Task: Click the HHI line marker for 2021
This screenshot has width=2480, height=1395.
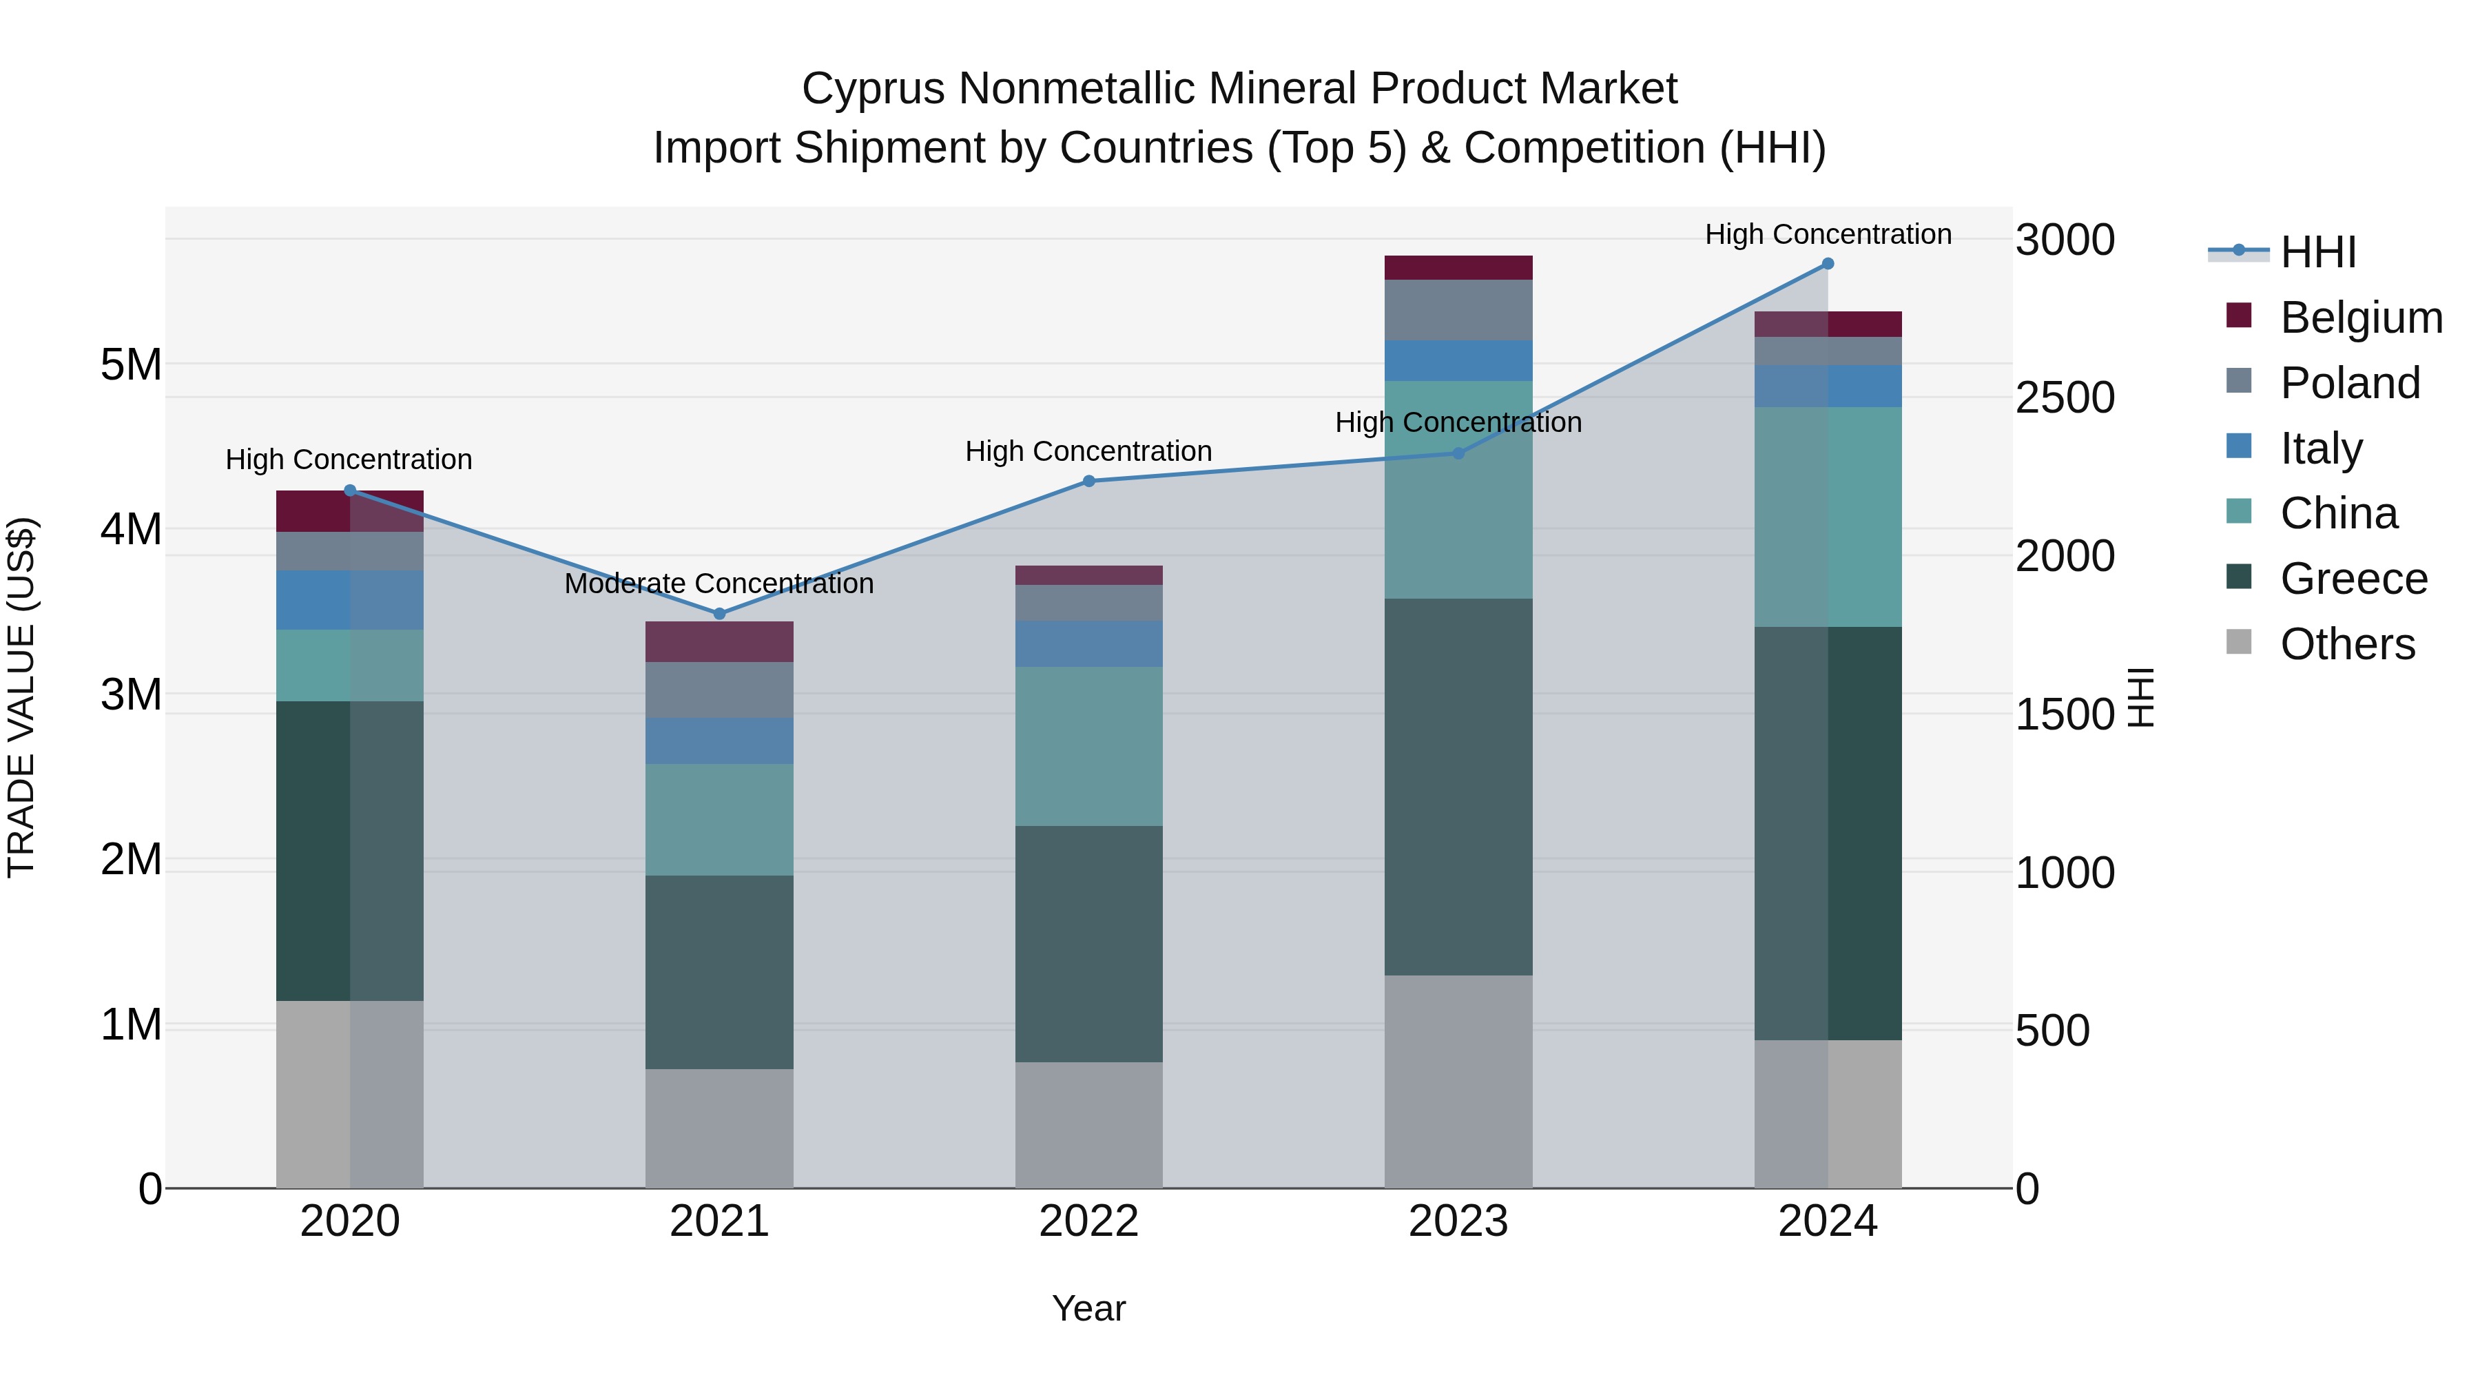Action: tap(719, 613)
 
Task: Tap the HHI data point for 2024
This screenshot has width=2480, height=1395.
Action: tap(1827, 264)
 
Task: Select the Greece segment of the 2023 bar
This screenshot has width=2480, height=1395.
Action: tap(1458, 787)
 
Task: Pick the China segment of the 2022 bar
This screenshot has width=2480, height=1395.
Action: tap(1089, 746)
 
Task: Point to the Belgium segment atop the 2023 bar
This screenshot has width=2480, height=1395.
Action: tap(1458, 268)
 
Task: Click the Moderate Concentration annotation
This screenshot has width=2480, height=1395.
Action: tap(719, 583)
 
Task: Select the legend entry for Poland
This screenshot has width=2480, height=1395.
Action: tap(2349, 383)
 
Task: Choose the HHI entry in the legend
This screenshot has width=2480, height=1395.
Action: tap(2318, 252)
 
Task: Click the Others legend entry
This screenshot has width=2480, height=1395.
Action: tap(2347, 644)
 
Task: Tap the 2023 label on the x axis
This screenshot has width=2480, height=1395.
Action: tap(1458, 1221)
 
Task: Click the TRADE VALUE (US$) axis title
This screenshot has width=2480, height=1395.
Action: tap(21, 697)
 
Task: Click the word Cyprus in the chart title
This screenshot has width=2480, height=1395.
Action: tap(874, 89)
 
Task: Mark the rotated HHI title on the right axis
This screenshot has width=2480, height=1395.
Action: tap(2141, 697)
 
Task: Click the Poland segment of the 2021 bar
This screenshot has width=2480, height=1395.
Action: tap(719, 690)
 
